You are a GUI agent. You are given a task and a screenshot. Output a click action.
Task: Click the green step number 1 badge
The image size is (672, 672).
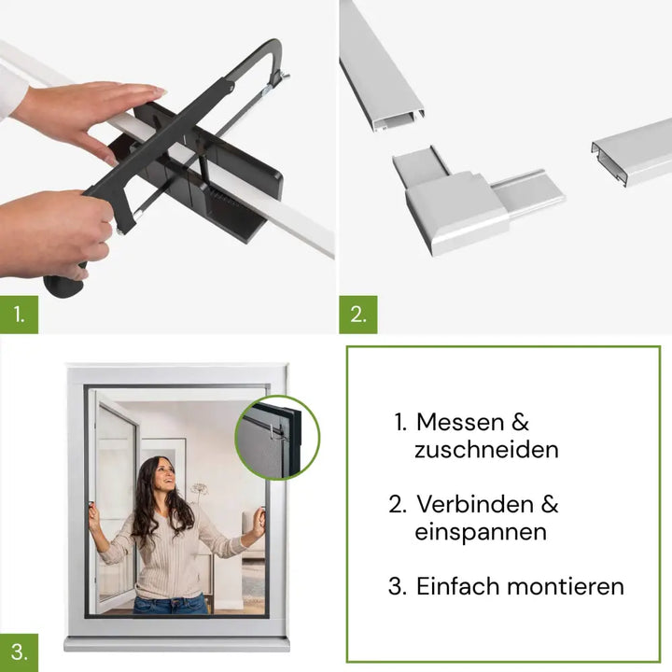coord(19,315)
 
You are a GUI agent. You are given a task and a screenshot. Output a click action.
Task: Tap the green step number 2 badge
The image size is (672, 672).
coord(358,315)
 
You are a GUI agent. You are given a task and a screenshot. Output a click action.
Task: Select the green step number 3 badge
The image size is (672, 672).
coord(19,652)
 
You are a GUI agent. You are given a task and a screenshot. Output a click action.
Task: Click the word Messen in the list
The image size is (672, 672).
coord(460,422)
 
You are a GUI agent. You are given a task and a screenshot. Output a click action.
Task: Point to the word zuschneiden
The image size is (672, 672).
coord(486,450)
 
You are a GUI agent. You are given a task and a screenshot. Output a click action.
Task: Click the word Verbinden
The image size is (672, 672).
coord(475,504)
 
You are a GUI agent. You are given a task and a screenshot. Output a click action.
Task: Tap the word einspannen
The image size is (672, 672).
coord(481,533)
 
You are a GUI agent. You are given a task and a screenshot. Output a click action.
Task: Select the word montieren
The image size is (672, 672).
coord(566,586)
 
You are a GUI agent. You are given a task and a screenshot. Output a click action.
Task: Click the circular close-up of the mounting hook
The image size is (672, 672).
coord(277,438)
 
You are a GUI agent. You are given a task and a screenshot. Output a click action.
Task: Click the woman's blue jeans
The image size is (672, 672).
coord(172,605)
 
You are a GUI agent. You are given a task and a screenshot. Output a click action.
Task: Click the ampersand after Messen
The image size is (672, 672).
coord(520,422)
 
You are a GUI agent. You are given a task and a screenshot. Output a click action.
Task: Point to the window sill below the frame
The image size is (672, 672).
coord(176,643)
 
